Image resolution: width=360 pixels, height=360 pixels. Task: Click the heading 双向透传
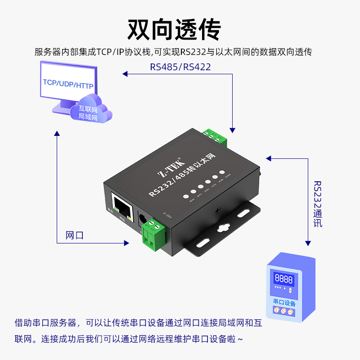tap(174, 30)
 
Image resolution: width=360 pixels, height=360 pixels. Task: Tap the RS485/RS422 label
tap(180, 67)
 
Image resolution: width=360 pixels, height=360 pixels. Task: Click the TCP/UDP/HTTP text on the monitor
tap(68, 84)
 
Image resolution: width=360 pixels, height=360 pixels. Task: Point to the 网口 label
tap(75, 235)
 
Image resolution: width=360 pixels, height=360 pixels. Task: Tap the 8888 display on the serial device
tap(283, 279)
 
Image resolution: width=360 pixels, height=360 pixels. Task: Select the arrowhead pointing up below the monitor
tap(57, 133)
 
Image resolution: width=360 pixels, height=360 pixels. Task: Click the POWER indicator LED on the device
tap(221, 173)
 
